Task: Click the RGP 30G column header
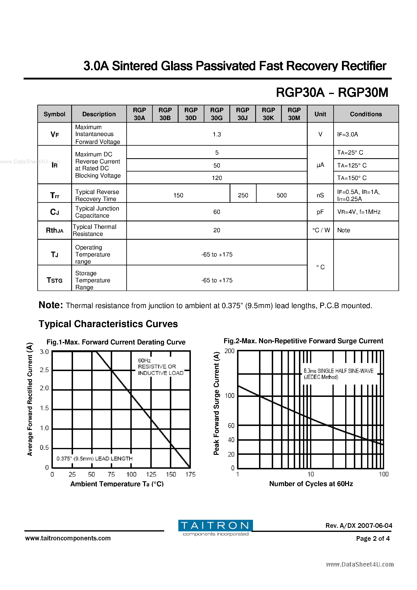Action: coord(217,114)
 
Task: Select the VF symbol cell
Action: coord(54,134)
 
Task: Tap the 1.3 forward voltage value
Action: coord(217,134)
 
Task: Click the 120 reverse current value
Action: coord(217,178)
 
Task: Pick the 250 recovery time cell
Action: coord(243,195)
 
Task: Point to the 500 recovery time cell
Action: coord(282,195)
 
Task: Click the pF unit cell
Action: coord(320,212)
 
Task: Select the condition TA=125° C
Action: coord(352,165)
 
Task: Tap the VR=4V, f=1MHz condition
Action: coord(359,212)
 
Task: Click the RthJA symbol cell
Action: coord(54,230)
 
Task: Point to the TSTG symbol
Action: coord(54,280)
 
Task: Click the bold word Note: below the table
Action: coord(51,305)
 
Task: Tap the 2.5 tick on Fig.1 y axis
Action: coord(44,370)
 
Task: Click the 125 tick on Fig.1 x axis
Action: coord(151,474)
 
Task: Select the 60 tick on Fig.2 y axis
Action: coord(231,426)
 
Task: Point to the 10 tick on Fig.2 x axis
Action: coord(311,474)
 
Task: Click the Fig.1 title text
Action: coord(116,342)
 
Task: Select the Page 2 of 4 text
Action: coord(373,538)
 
